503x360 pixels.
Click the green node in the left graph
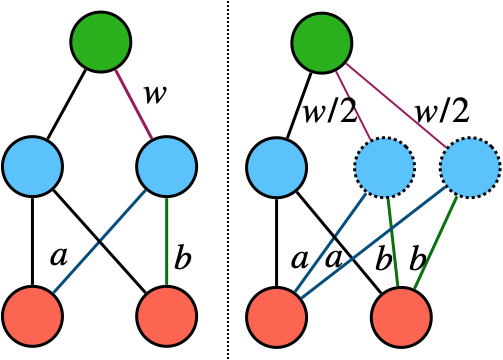(101, 42)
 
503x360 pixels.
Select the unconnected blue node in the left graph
(33, 167)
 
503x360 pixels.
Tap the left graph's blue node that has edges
(167, 167)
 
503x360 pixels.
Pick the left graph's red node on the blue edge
(33, 316)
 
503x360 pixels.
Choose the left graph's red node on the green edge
(167, 316)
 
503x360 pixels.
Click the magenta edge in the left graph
(134, 104)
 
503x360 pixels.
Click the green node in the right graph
(322, 43)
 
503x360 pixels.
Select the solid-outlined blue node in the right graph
(277, 167)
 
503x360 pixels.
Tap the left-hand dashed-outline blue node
(385, 168)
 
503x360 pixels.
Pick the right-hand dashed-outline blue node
(470, 168)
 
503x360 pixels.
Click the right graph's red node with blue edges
(277, 317)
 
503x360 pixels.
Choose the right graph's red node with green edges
(401, 317)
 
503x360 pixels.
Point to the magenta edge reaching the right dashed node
(396, 105)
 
